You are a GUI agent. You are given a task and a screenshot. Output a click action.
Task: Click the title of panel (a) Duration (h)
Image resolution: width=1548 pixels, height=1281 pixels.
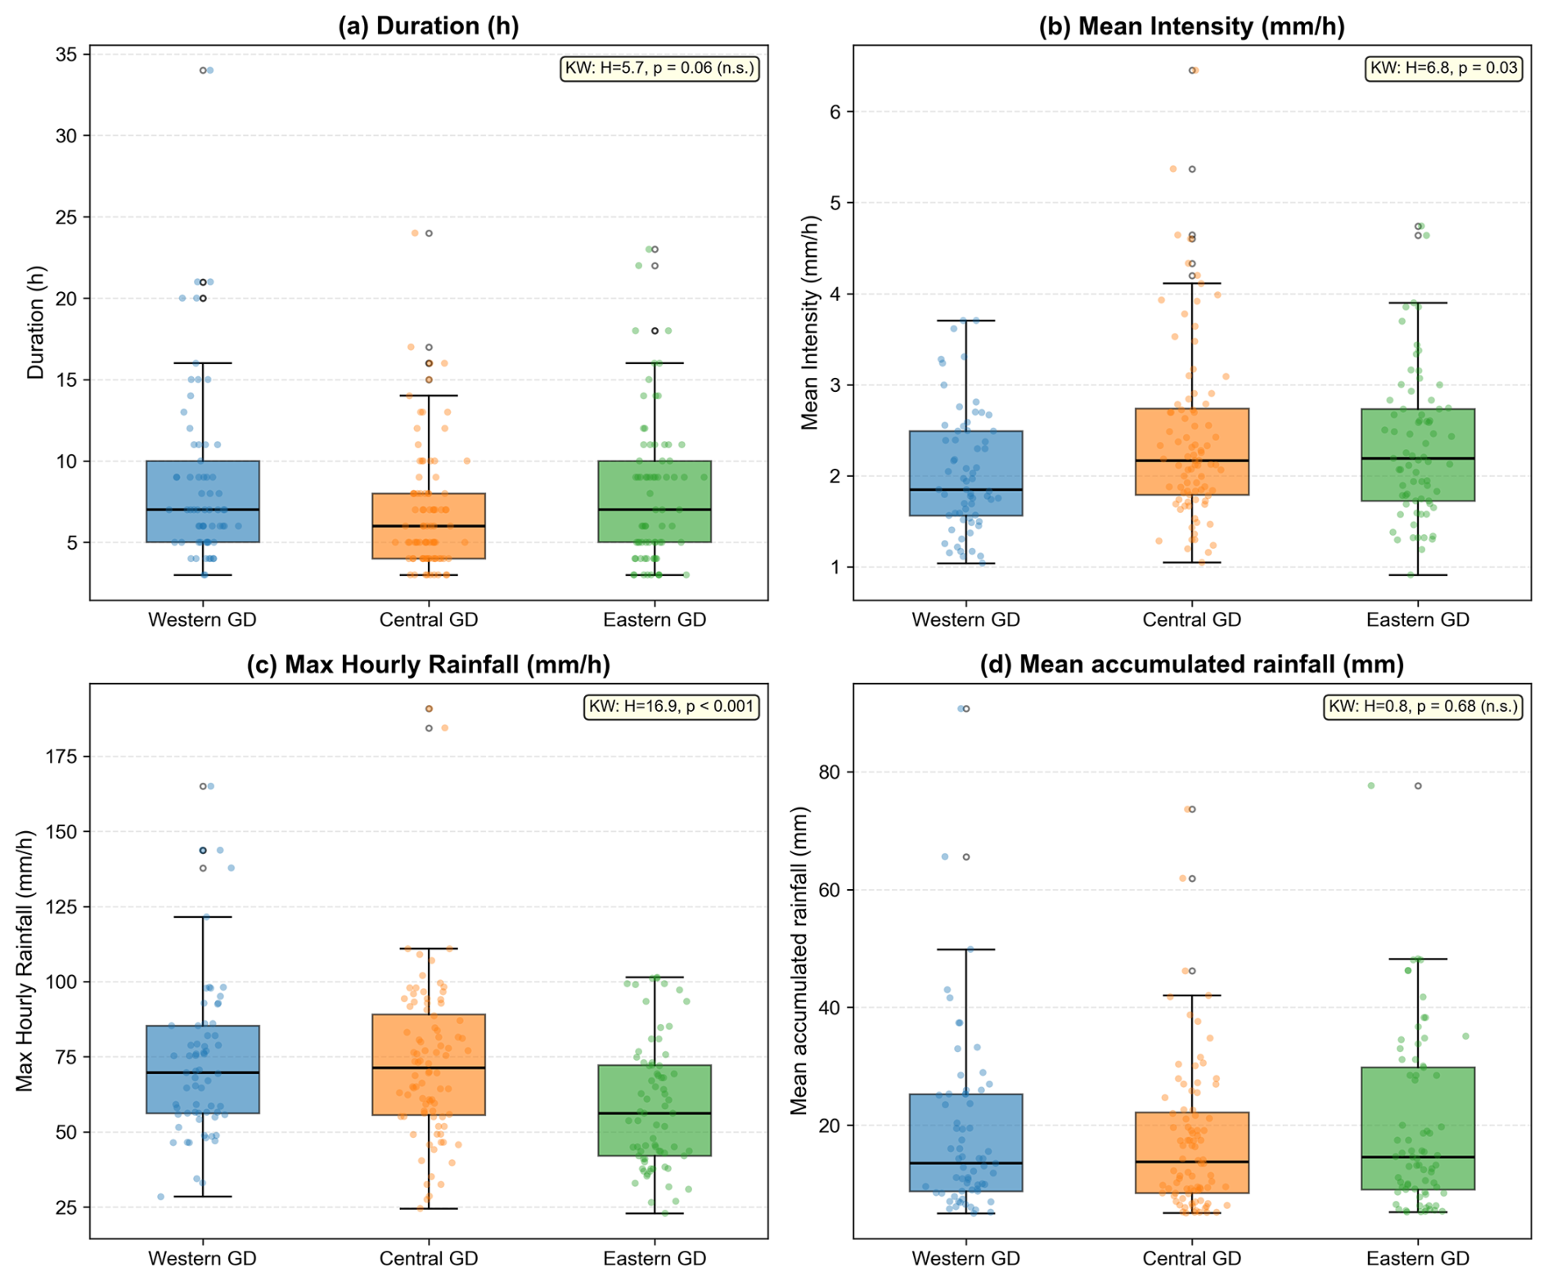pyautogui.click(x=428, y=25)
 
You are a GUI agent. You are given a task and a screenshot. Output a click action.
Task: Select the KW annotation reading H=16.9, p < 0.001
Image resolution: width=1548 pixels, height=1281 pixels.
pyautogui.click(x=671, y=706)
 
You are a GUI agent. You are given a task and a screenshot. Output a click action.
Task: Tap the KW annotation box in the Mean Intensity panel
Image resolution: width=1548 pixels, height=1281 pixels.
pyautogui.click(x=1444, y=68)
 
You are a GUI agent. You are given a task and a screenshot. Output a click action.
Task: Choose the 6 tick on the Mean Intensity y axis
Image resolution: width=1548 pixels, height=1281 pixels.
pyautogui.click(x=835, y=111)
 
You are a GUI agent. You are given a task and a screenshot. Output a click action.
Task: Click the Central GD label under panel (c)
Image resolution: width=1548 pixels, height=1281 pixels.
pyautogui.click(x=428, y=1258)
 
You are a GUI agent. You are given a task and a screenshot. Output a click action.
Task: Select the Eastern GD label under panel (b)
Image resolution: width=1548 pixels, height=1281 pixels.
pyautogui.click(x=1417, y=619)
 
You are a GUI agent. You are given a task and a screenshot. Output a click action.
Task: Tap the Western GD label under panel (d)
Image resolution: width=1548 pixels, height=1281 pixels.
pyautogui.click(x=965, y=1258)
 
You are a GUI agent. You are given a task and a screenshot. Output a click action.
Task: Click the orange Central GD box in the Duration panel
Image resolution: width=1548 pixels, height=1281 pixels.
pyautogui.click(x=428, y=526)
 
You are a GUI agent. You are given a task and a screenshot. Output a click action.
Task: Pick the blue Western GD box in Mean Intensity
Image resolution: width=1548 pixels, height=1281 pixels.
pyautogui.click(x=965, y=473)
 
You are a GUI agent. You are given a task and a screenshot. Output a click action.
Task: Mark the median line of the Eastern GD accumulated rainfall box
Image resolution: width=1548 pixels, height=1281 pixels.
pyautogui.click(x=1418, y=1157)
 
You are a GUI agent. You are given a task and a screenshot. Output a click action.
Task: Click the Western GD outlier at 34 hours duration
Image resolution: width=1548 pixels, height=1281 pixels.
pyautogui.click(x=203, y=70)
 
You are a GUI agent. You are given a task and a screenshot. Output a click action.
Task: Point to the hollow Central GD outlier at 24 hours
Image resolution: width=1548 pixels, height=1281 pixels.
pyautogui.click(x=429, y=233)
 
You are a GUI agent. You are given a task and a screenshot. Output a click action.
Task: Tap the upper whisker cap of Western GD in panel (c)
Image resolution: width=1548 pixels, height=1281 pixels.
pyautogui.click(x=202, y=917)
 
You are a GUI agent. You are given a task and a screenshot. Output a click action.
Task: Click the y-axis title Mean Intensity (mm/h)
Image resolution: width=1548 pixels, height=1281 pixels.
pyautogui.click(x=809, y=322)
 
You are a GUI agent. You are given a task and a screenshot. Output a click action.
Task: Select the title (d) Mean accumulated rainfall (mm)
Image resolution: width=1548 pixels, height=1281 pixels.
pyautogui.click(x=1191, y=663)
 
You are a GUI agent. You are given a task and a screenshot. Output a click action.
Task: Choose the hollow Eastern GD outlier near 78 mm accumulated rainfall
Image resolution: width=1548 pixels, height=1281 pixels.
pyautogui.click(x=1418, y=785)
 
